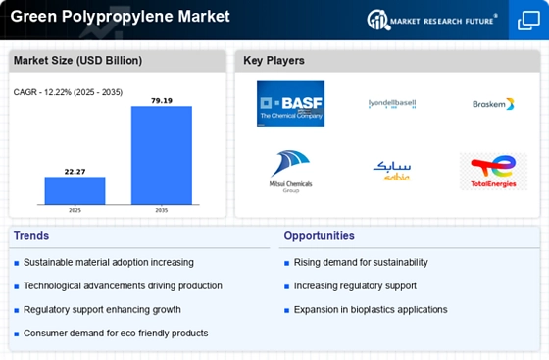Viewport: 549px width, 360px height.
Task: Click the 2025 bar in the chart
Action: click(x=75, y=190)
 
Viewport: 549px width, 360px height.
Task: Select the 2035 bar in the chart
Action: click(x=162, y=155)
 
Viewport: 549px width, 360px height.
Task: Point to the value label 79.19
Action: click(x=162, y=101)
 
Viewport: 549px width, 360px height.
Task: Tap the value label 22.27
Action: click(x=75, y=172)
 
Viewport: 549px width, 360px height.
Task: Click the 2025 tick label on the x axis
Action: click(x=75, y=210)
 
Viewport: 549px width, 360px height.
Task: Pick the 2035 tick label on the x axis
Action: click(x=162, y=210)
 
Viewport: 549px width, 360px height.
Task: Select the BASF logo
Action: click(x=290, y=104)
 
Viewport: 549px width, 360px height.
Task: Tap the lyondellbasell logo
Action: click(x=392, y=104)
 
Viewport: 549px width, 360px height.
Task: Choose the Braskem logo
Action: click(x=493, y=104)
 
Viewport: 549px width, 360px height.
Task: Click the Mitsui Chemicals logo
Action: click(x=290, y=172)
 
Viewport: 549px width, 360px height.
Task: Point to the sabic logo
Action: click(x=392, y=171)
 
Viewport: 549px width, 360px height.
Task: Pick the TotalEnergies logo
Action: click(x=493, y=172)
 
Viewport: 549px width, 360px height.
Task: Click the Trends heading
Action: click(x=31, y=236)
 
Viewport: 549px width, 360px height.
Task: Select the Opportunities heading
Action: click(x=319, y=236)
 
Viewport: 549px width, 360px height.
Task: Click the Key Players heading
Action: click(x=274, y=61)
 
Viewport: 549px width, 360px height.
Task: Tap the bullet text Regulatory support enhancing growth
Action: click(x=102, y=310)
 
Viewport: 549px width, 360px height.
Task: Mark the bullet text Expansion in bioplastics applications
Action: click(x=371, y=310)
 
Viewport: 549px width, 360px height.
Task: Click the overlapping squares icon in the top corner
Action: click(x=528, y=21)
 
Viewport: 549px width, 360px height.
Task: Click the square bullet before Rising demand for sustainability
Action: click(x=286, y=263)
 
